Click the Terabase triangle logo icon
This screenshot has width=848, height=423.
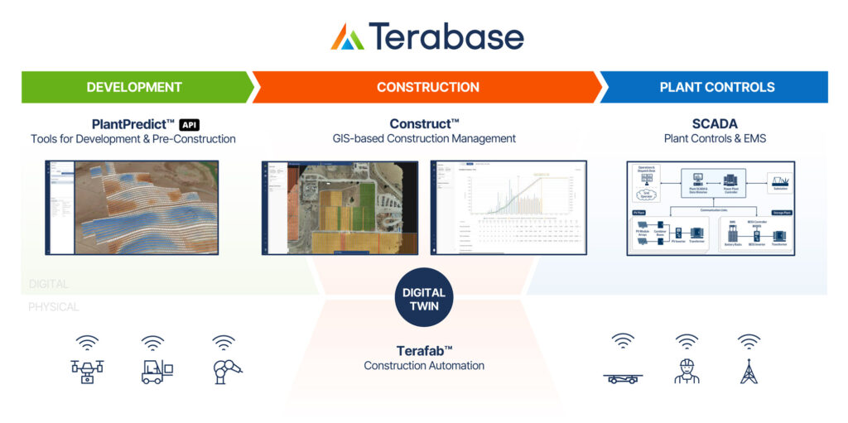click(x=348, y=36)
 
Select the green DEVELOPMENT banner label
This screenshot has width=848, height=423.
click(x=134, y=87)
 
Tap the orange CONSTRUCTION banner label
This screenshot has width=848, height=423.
click(x=427, y=87)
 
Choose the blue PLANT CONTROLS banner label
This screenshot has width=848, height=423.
click(x=717, y=87)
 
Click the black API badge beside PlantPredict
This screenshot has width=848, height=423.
click(x=190, y=124)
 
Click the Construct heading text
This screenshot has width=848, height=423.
click(x=424, y=124)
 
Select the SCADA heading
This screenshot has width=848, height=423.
click(x=715, y=124)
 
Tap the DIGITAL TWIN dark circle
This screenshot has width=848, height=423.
click(x=424, y=299)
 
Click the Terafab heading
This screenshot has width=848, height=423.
click(x=424, y=350)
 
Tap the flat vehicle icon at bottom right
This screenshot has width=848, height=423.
click(x=622, y=378)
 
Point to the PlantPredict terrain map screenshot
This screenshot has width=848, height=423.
click(x=132, y=207)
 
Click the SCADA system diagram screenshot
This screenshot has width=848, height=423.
click(x=711, y=207)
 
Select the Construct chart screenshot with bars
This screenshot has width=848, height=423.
click(x=508, y=207)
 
